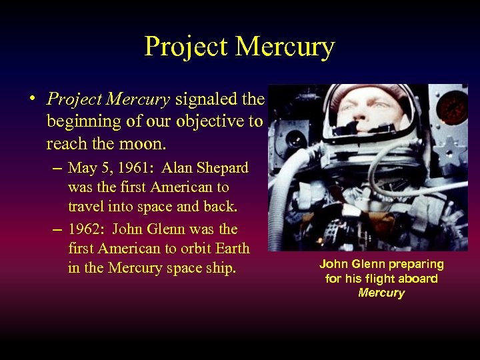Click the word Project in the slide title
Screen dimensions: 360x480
coord(187,47)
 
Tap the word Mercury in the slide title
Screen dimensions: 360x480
coord(285,47)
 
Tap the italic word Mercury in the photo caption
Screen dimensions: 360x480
coord(381,293)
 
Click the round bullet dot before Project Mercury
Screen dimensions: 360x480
coord(32,97)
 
